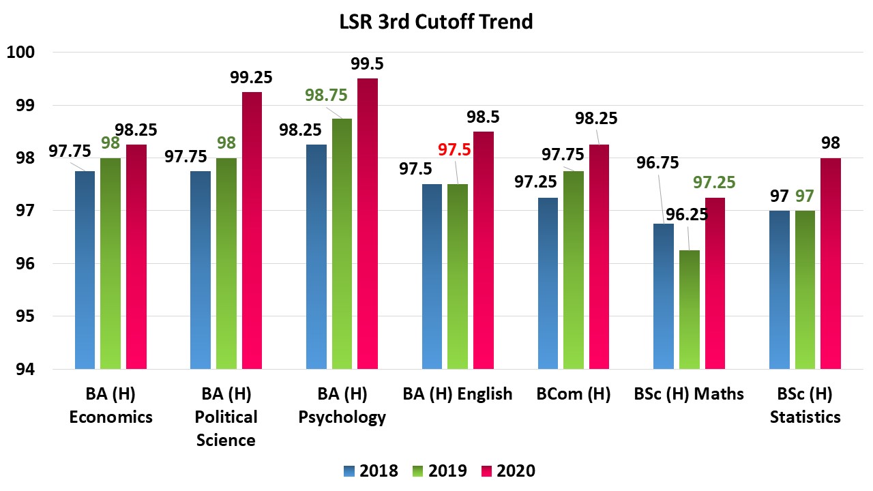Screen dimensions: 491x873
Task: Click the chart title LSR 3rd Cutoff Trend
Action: pos(436,22)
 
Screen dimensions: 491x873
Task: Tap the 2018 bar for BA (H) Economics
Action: pos(85,270)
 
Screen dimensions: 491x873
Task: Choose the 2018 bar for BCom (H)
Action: pos(548,283)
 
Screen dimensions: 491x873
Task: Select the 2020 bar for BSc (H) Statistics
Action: pos(830,263)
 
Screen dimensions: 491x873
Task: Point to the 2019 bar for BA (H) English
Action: pos(458,276)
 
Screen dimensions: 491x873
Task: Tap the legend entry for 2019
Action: pos(439,471)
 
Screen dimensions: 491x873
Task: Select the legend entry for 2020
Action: pos(508,471)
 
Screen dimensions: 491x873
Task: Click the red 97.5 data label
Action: pos(454,149)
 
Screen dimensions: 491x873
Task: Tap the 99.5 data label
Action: pos(368,63)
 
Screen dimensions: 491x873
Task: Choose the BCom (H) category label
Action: pos(574,393)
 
